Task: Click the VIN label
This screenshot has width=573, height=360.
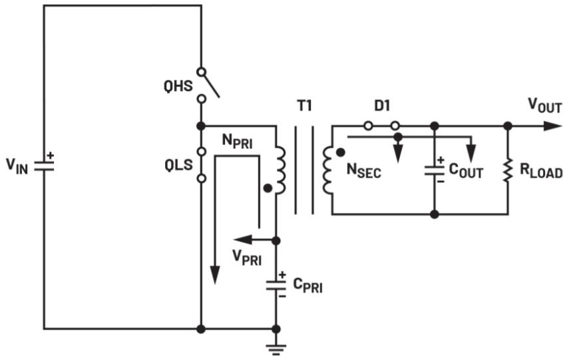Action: point(17,166)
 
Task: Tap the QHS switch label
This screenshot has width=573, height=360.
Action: point(178,87)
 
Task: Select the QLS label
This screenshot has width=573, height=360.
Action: point(178,165)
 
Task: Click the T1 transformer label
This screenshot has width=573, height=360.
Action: point(304,106)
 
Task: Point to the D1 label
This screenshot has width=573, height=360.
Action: point(382,106)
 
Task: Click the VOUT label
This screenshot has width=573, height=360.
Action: point(545,106)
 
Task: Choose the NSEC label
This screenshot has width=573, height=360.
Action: point(363,170)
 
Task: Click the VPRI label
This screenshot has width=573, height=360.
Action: point(247,258)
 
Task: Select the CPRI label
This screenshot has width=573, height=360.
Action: point(308,285)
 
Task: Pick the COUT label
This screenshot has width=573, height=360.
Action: point(466,170)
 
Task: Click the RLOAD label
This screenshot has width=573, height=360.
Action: point(541,170)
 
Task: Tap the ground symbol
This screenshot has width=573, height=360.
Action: point(276,349)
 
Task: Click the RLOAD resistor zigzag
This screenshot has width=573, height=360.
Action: point(508,170)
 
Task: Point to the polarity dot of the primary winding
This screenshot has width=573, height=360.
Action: point(268,188)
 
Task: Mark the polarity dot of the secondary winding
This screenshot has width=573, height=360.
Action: point(341,153)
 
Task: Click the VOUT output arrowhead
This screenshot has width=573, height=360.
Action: point(552,126)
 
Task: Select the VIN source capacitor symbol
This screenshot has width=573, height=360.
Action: point(44,166)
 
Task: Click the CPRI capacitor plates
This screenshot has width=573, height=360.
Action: point(276,285)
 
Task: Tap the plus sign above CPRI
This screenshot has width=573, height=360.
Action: point(282,275)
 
